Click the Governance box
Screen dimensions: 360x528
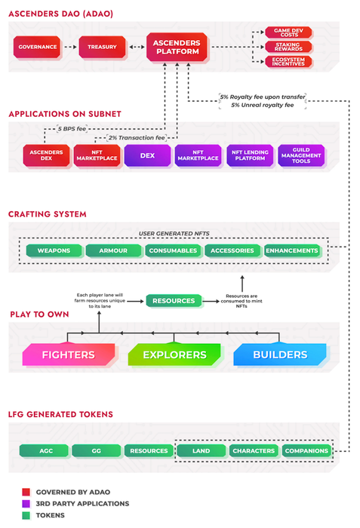[37, 47]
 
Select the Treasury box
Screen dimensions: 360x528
[102, 47]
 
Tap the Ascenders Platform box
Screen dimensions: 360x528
[177, 47]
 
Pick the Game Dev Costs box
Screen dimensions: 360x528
[288, 32]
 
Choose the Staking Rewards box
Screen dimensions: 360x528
[288, 47]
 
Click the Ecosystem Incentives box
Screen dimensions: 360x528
[288, 62]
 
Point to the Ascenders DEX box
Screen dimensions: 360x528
[47, 155]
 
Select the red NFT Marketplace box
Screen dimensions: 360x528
[97, 155]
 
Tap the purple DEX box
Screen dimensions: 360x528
[148, 155]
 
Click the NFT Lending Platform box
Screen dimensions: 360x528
[250, 155]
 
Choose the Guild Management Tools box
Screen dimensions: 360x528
[301, 155]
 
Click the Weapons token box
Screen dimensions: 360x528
[54, 250]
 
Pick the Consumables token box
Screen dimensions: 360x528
[173, 250]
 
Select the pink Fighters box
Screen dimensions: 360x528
[69, 355]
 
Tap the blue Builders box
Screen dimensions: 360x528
[280, 355]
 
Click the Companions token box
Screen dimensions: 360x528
[306, 451]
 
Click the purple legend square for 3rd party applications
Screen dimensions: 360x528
[26, 504]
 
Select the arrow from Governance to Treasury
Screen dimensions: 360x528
[70, 47]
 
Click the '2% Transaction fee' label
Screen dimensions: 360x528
[137, 138]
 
